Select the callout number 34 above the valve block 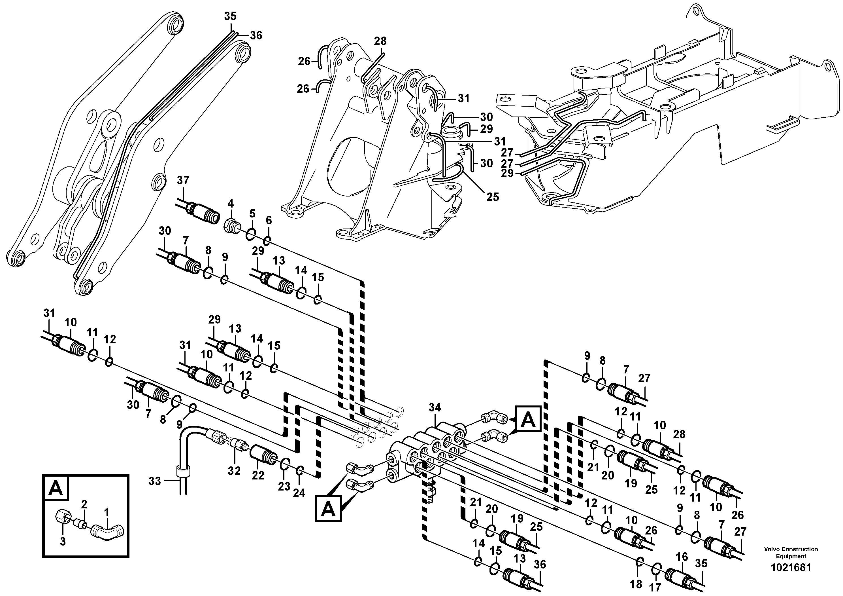[435, 407]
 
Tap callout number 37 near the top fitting [183, 180]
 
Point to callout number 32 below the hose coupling [234, 471]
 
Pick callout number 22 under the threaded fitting [258, 475]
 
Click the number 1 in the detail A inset [107, 512]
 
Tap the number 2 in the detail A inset [84, 504]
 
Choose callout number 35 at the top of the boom [230, 16]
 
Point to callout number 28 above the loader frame [380, 41]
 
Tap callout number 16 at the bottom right [682, 557]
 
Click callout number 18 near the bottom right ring [636, 584]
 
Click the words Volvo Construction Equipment [791, 553]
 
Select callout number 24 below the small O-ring [299, 493]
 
